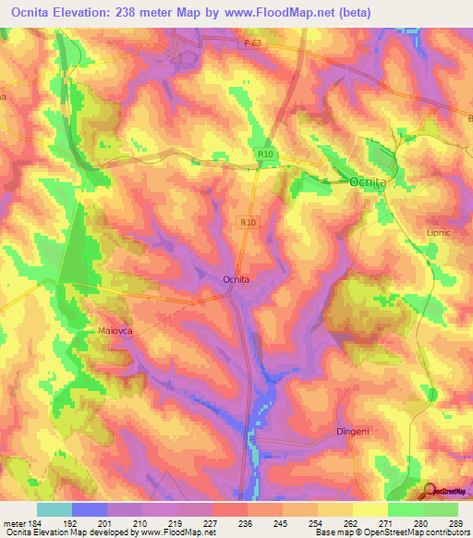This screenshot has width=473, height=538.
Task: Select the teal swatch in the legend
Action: tap(55, 509)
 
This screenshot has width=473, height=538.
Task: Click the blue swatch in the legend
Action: tap(90, 509)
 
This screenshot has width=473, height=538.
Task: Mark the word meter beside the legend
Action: tap(14, 522)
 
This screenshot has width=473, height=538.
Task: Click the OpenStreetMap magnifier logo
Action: tap(430, 492)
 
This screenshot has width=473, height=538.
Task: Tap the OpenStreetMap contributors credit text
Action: tap(418, 532)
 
